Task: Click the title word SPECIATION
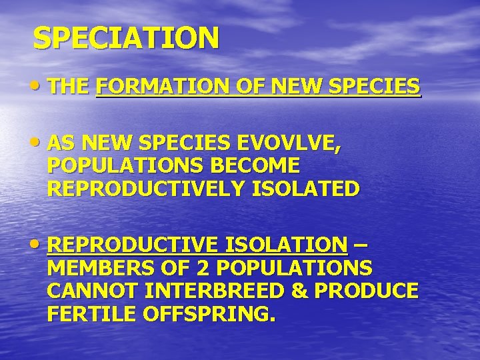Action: [x=126, y=38]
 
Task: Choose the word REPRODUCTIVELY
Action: [x=147, y=189]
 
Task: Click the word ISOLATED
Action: [x=306, y=189]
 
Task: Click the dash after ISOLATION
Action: [x=360, y=245]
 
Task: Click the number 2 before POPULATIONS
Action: [x=205, y=268]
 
